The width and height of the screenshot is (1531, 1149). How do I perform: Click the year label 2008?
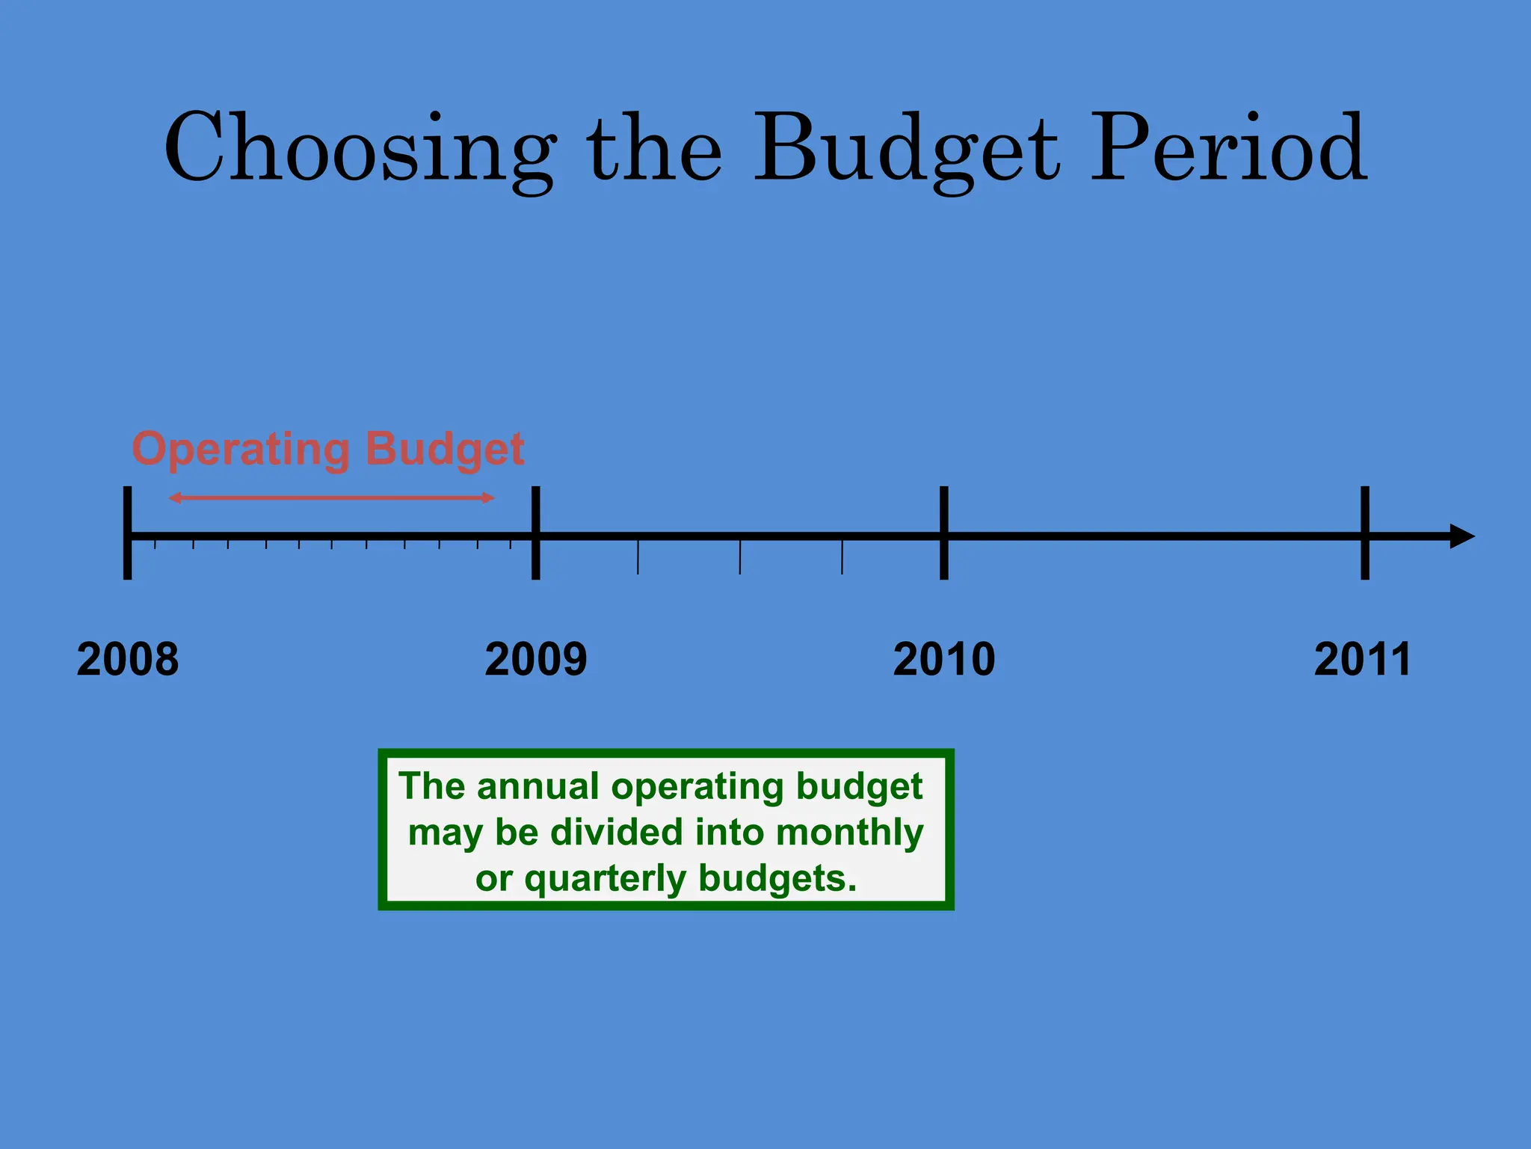(x=128, y=660)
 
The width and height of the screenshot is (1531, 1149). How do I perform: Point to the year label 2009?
(x=536, y=660)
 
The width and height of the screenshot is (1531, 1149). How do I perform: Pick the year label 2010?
(x=944, y=660)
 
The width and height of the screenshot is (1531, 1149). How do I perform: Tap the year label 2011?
(x=1362, y=660)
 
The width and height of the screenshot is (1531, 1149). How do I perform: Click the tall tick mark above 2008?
(x=128, y=533)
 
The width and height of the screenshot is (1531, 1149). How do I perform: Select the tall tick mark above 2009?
(x=535, y=533)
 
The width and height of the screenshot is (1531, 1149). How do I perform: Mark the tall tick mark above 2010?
(x=944, y=533)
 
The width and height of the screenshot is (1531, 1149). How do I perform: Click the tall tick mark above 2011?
(x=1365, y=533)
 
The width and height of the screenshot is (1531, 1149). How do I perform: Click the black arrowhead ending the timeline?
(x=1461, y=536)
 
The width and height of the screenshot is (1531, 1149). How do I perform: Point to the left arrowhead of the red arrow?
(x=175, y=497)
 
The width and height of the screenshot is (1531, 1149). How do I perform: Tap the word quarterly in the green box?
(x=605, y=879)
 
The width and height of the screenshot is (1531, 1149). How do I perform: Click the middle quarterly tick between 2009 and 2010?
(x=740, y=557)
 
